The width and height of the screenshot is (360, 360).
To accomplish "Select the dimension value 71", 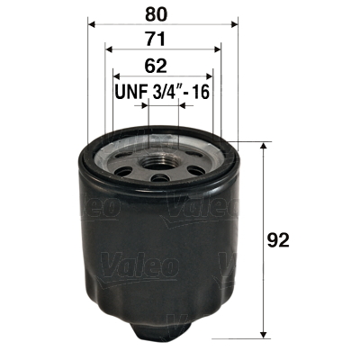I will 158,40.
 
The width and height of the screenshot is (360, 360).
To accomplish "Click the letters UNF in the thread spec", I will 132,93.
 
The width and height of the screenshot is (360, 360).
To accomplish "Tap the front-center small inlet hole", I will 160,176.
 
